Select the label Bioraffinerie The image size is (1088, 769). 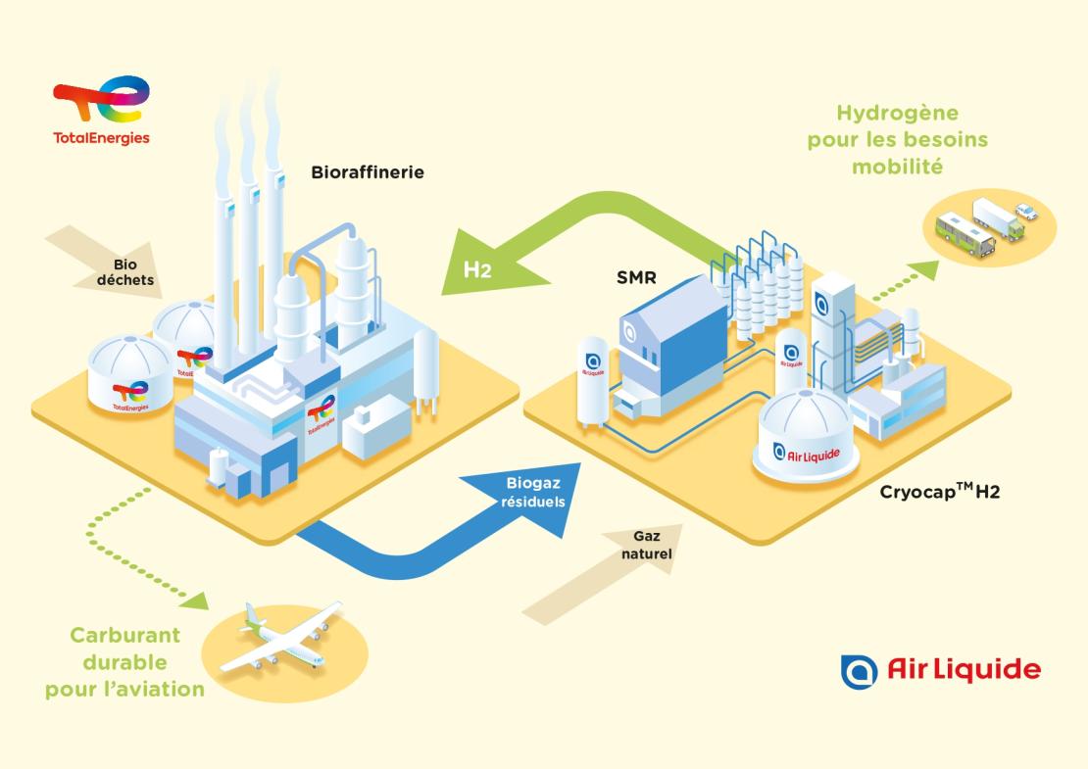[x=368, y=173]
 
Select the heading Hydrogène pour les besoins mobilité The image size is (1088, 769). [x=897, y=140]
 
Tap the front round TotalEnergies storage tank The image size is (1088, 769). [x=130, y=377]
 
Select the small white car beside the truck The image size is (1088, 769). [x=1024, y=210]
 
